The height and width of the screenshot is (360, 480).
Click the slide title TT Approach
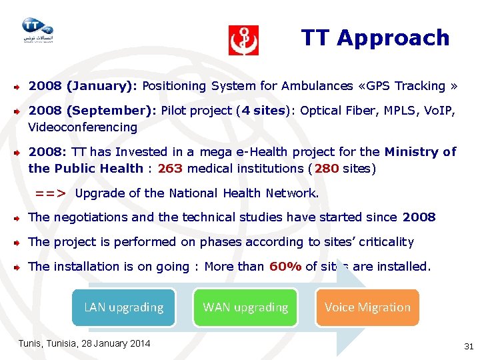(375, 38)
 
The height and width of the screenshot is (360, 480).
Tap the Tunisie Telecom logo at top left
(37, 30)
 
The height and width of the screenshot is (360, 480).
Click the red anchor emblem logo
(243, 41)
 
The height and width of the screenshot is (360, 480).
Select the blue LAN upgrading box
(123, 307)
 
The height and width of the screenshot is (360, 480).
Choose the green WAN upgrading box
(245, 307)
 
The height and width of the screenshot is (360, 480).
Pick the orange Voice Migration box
(367, 307)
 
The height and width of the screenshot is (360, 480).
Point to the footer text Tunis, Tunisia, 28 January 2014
(83, 343)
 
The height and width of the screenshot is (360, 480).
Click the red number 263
(170, 169)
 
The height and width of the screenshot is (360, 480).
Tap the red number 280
(327, 169)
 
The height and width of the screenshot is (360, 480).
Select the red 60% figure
(285, 267)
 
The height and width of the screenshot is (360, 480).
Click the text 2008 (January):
(83, 86)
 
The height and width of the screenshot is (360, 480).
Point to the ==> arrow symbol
(51, 194)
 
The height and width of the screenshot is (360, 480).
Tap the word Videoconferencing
(83, 127)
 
